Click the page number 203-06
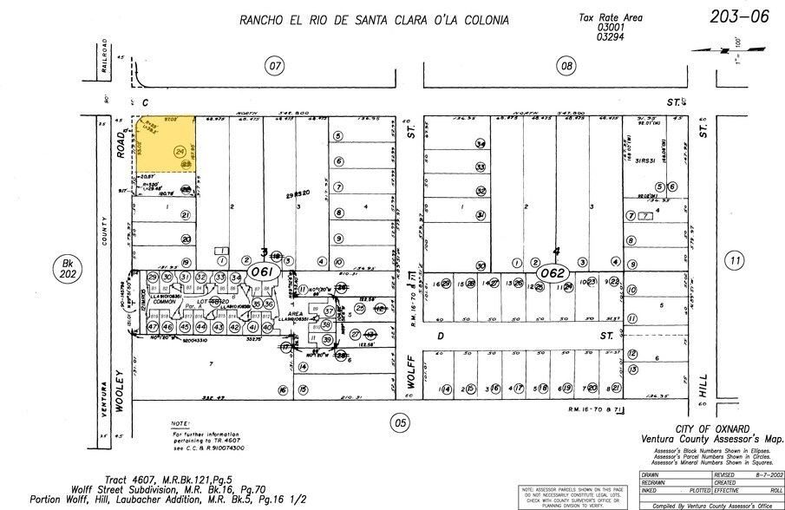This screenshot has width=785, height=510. [x=738, y=17]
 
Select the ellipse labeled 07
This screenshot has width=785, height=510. [x=275, y=66]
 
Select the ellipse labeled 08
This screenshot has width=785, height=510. [x=567, y=66]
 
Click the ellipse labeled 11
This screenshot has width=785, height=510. [x=736, y=260]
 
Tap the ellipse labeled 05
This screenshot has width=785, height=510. [x=399, y=423]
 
